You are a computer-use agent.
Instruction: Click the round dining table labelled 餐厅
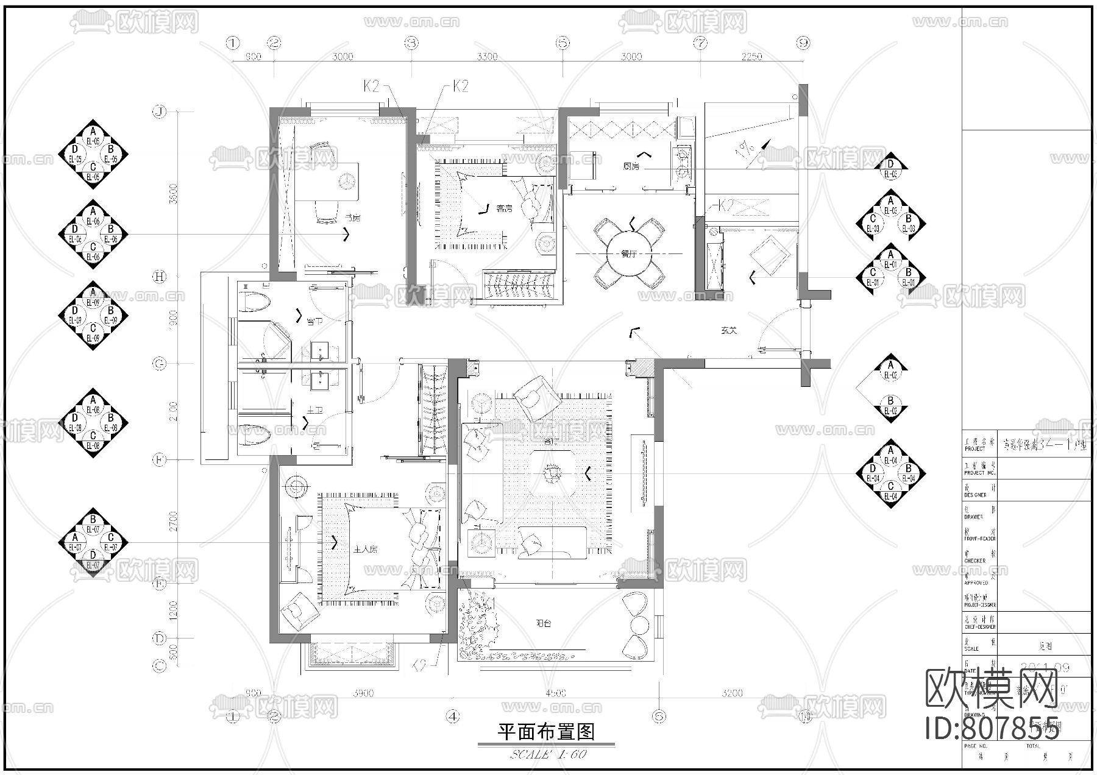coord(628,253)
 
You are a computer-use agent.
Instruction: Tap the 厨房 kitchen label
coord(631,166)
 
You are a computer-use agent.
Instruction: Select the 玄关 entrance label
coord(729,330)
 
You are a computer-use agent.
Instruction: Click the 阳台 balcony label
coord(544,623)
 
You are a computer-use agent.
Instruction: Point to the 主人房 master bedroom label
coord(366,548)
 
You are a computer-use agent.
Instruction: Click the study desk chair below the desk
coord(326,211)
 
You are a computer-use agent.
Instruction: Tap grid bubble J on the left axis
coord(159,112)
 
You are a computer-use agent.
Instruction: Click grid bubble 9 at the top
coord(804,43)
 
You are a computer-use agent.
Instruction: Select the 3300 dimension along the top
coord(486,57)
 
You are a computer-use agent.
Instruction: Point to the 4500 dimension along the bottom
coord(555,693)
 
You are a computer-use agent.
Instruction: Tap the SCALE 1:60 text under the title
coord(547,754)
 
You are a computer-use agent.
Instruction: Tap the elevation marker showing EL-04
coord(890,473)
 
